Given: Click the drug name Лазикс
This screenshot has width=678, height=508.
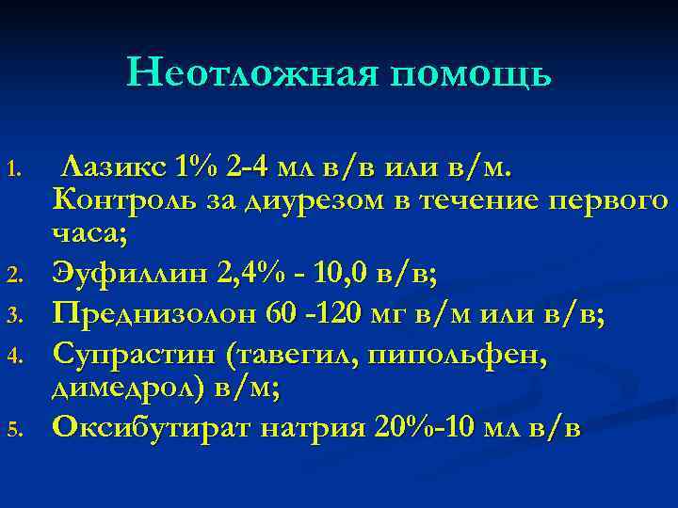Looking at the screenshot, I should pyautogui.click(x=113, y=167).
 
